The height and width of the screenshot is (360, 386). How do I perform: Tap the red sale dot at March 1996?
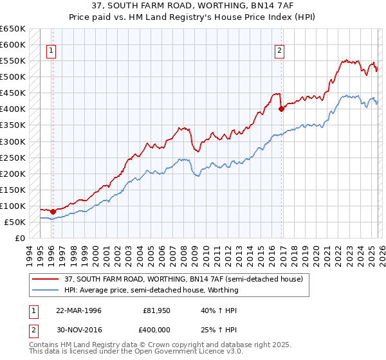53,212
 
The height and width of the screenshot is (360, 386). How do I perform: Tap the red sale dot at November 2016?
281,109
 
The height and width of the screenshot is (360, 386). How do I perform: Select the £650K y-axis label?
12,29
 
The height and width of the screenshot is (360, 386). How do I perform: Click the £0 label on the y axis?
19,238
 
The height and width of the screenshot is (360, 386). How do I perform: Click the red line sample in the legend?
46,278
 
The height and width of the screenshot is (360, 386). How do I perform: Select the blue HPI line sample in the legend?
46,290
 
